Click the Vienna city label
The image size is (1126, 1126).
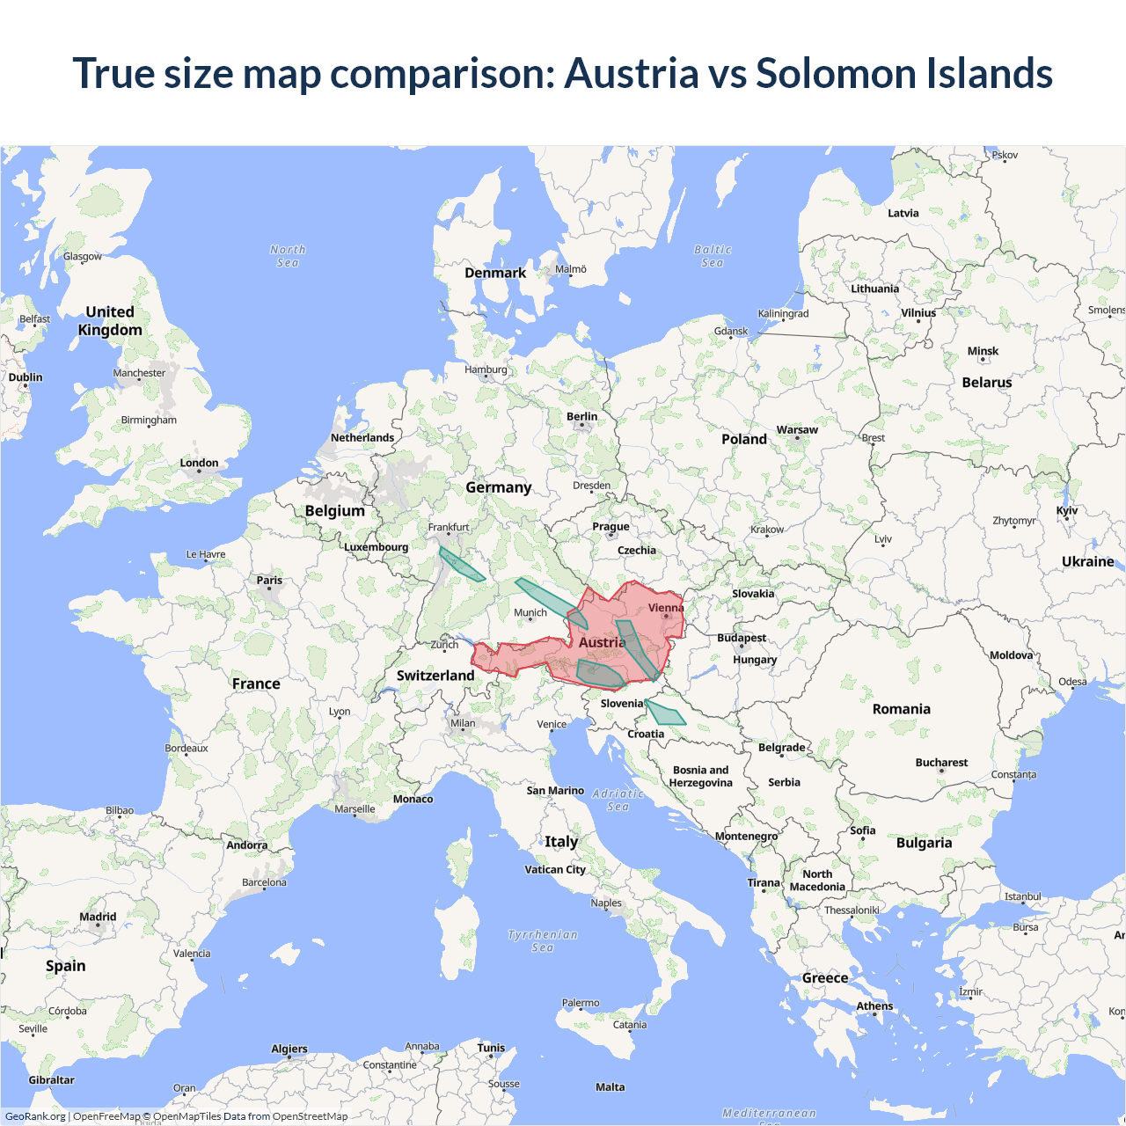[666, 608]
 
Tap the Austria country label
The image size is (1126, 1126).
[602, 643]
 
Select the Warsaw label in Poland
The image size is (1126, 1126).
[797, 430]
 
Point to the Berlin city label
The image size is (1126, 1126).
[581, 417]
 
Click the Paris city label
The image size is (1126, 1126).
[269, 581]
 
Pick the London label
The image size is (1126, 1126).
[199, 463]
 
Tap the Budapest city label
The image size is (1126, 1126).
[742, 638]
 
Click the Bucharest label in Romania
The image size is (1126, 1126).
[941, 763]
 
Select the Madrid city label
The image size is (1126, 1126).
[98, 917]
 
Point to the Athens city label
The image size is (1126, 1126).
[874, 1006]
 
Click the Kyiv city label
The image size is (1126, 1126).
[1067, 511]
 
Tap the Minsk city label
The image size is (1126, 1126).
[983, 351]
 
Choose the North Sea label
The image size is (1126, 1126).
[288, 256]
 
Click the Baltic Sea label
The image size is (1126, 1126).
[713, 256]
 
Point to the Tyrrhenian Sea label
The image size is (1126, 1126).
[543, 940]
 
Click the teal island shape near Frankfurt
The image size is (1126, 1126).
[460, 564]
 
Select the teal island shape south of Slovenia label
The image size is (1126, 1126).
[666, 713]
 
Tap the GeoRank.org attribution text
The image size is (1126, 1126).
[35, 1116]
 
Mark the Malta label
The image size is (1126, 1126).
[610, 1087]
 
